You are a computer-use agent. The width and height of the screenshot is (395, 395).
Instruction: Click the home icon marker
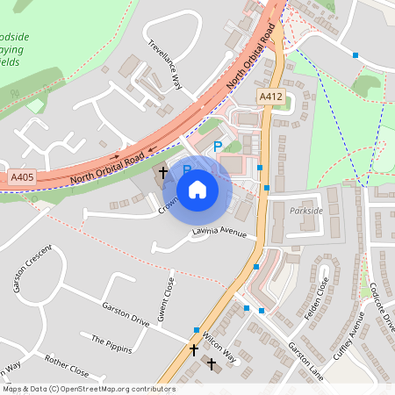(x=197, y=189)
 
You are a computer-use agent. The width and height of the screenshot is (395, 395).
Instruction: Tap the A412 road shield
(x=269, y=96)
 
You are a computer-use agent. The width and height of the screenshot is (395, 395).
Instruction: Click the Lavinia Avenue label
(x=220, y=233)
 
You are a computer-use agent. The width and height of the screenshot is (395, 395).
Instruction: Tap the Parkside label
(x=305, y=212)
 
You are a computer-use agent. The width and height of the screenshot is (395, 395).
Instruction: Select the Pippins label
(x=111, y=342)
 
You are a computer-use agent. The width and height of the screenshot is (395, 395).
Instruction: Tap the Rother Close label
(x=67, y=364)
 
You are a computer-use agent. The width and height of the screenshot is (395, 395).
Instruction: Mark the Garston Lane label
(x=305, y=360)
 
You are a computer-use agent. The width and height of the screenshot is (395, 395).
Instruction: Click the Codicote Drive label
(x=383, y=306)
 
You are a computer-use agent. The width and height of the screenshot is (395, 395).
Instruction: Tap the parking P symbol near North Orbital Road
(x=217, y=147)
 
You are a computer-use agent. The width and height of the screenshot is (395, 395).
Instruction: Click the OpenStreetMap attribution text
(x=88, y=389)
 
